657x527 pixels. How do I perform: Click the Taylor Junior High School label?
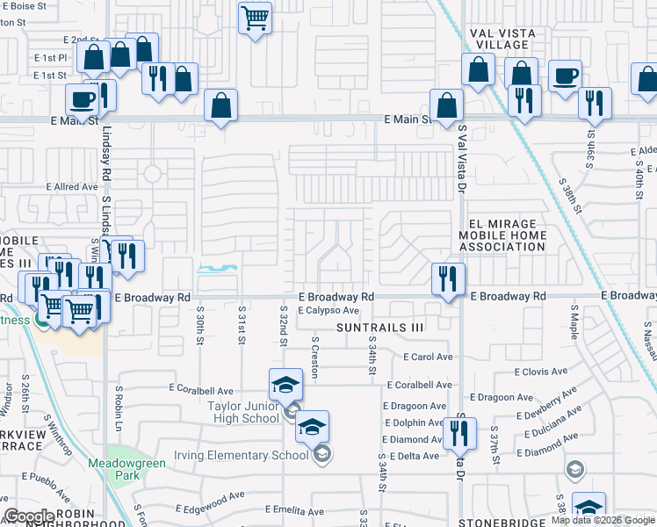243,412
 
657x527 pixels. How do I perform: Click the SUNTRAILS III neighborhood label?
380,328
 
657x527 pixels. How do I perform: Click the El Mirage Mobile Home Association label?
502,235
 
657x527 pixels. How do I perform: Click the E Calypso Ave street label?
328,311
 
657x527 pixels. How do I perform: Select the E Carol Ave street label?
428,357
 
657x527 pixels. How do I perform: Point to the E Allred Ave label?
72,187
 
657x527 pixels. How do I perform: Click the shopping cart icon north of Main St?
255,18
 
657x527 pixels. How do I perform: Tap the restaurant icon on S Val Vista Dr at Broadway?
448,279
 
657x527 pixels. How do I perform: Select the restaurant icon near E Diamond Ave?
459,433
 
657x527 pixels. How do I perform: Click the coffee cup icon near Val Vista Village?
565,76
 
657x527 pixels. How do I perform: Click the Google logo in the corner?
30,517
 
